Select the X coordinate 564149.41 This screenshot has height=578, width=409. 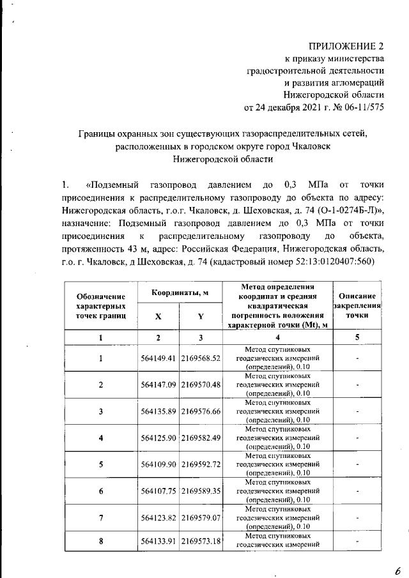tap(158, 358)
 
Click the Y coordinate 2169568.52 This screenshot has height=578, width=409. tap(201, 358)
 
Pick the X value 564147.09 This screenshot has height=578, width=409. tap(158, 384)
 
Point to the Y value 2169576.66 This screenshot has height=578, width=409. tap(201, 411)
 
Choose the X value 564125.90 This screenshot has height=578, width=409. tap(158, 437)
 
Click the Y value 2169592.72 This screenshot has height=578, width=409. tap(201, 464)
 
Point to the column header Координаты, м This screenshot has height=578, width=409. tap(180, 293)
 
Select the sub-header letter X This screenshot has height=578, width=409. tap(158, 316)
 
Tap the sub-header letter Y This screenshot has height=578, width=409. tap(201, 316)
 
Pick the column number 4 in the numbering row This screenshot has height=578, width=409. tap(277, 337)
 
